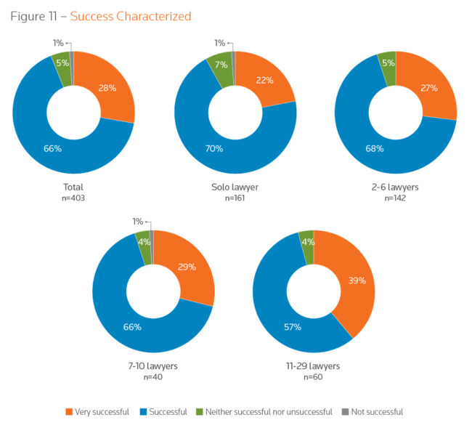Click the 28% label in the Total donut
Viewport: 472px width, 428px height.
pos(107,89)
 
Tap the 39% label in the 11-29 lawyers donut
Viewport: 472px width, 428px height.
pos(356,280)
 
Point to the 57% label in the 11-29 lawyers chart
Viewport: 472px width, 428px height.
pos(293,327)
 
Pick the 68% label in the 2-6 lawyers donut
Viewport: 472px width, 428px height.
pos(375,149)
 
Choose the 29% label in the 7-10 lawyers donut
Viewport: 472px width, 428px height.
pos(187,267)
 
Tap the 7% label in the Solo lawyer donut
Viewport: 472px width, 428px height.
pos(220,65)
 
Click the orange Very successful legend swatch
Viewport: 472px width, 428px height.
pos(70,412)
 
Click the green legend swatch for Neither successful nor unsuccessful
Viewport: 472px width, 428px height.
pos(200,412)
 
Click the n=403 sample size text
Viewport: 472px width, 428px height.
pos(74,198)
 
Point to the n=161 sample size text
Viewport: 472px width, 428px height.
pos(235,198)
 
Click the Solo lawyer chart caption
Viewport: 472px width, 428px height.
pos(235,187)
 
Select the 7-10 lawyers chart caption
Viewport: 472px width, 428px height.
pos(152,366)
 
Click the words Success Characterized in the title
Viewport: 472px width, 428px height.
pos(131,15)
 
